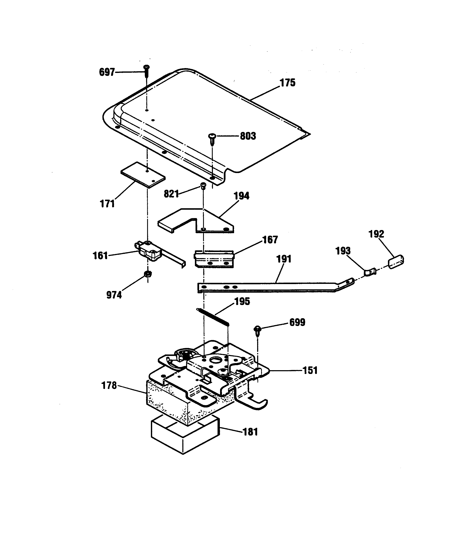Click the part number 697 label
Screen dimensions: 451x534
point(107,72)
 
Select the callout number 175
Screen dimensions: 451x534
point(287,83)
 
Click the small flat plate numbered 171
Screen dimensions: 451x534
point(143,175)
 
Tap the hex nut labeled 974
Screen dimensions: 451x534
point(148,274)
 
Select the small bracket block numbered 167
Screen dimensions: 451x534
point(214,259)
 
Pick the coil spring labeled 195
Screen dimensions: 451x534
point(213,317)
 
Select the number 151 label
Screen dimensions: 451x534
point(310,370)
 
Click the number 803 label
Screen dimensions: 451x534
point(248,136)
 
